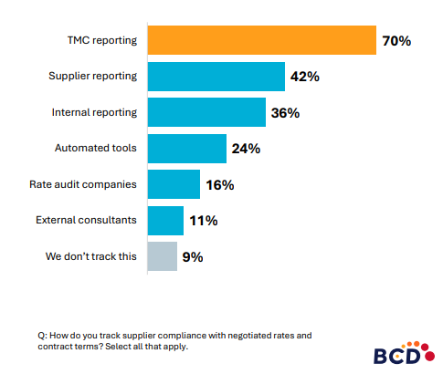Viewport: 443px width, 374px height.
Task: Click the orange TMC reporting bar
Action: pyautogui.click(x=261, y=41)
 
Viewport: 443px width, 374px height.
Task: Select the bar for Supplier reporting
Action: pyautogui.click(x=216, y=77)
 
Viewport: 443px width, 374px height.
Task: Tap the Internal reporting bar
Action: pyautogui.click(x=206, y=113)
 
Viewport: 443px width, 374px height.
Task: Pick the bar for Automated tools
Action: pyautogui.click(x=186, y=149)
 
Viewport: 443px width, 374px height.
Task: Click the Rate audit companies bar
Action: pyautogui.click(x=174, y=184)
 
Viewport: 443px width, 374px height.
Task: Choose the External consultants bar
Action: pyautogui.click(x=165, y=221)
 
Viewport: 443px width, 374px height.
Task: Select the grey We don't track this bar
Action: pyautogui.click(x=162, y=256)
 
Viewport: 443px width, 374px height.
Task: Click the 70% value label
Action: pyautogui.click(x=397, y=41)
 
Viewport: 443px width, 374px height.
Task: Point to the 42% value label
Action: pyautogui.click(x=304, y=78)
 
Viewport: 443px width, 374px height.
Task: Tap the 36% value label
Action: pyautogui.click(x=286, y=113)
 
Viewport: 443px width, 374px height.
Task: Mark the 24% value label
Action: pyautogui.click(x=246, y=149)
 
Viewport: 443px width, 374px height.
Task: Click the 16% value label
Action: pyautogui.click(x=219, y=185)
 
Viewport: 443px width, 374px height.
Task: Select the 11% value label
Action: pyautogui.click(x=202, y=221)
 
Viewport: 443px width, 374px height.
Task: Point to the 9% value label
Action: pyautogui.click(x=192, y=257)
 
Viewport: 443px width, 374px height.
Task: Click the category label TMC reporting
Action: pyautogui.click(x=104, y=41)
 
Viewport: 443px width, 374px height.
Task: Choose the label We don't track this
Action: pyautogui.click(x=91, y=256)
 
